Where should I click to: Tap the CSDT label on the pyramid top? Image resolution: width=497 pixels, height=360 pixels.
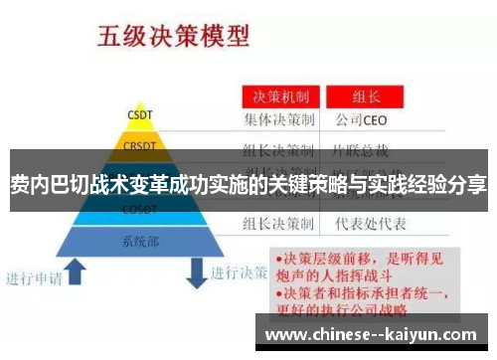(139, 113)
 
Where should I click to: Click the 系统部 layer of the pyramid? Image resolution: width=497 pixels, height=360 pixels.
(139, 241)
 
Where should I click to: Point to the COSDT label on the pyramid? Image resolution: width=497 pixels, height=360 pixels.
(138, 210)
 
